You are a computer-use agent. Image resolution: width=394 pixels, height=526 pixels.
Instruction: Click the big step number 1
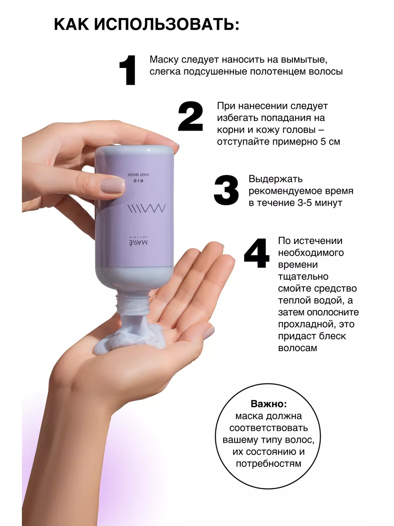128,70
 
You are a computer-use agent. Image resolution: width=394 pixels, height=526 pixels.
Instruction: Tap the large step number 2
190,116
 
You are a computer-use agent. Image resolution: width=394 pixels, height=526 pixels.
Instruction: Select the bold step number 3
226,190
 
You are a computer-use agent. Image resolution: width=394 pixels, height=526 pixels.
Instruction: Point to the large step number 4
257,253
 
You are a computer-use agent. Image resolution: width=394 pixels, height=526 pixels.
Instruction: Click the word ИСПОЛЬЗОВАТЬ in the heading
167,25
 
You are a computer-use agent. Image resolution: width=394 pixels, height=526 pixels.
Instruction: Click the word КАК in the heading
71,25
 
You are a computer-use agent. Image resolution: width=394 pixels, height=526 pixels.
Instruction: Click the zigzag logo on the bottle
146,208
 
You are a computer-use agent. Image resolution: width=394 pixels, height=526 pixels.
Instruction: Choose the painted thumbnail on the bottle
113,185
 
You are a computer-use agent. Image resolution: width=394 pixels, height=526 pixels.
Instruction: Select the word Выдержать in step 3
276,179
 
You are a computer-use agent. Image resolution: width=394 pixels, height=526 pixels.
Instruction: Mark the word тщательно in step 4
303,277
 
